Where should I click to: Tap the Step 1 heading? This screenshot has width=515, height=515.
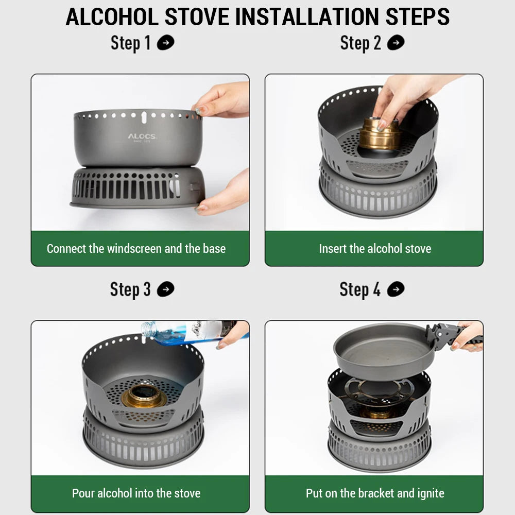pyautogui.click(x=131, y=43)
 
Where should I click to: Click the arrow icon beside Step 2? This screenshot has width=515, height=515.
pyautogui.click(x=396, y=43)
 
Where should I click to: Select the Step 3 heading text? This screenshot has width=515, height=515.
pyautogui.click(x=130, y=289)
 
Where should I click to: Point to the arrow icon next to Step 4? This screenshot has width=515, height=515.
pyautogui.click(x=396, y=289)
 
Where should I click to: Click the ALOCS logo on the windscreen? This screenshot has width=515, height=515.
pyautogui.click(x=142, y=136)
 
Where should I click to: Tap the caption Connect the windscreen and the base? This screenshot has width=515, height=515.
pyautogui.click(x=136, y=249)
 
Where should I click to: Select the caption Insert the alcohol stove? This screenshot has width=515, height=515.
pyautogui.click(x=375, y=249)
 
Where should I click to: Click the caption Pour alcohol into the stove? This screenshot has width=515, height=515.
pyautogui.click(x=136, y=493)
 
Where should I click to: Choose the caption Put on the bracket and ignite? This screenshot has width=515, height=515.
pyautogui.click(x=375, y=493)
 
